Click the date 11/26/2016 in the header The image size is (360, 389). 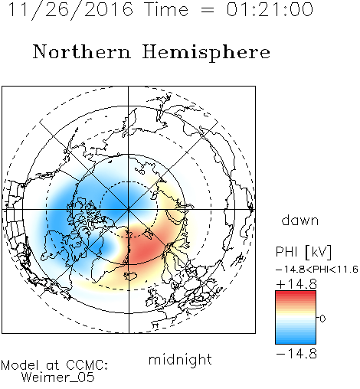pyautogui.click(x=70, y=10)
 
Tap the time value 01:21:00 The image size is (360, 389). pyautogui.click(x=270, y=9)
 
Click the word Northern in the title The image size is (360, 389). pyautogui.click(x=82, y=52)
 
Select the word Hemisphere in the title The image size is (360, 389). pyautogui.click(x=206, y=53)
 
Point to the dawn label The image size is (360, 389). pyautogui.click(x=300, y=221)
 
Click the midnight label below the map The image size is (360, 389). pyautogui.click(x=180, y=359)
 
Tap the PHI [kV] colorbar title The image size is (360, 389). pyautogui.click(x=303, y=252)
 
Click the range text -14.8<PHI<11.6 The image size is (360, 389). pyautogui.click(x=316, y=270)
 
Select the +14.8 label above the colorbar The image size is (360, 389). pyautogui.click(x=296, y=284)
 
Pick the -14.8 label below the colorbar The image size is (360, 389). pyautogui.click(x=296, y=354)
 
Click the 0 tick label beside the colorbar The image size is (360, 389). pyautogui.click(x=322, y=319)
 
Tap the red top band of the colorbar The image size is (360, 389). pyautogui.click(x=296, y=294)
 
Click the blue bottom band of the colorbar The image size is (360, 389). pyautogui.click(x=296, y=341)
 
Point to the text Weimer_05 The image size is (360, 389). pyautogui.click(x=58, y=377)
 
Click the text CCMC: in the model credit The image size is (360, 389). pyautogui.click(x=87, y=365)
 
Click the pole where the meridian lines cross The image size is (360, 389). pyautogui.click(x=129, y=210)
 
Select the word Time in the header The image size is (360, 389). pyautogui.click(x=166, y=10)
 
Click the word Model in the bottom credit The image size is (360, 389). pyautogui.click(x=20, y=365)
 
